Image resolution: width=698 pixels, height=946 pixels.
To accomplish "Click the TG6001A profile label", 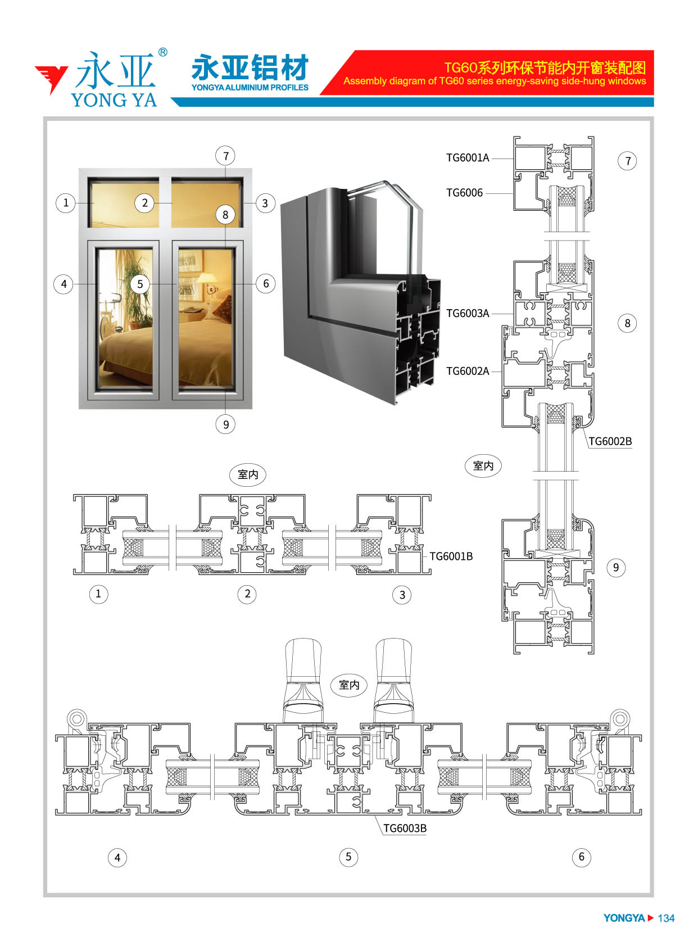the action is click(467, 158).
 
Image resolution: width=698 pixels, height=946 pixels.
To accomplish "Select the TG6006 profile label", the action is click(464, 193).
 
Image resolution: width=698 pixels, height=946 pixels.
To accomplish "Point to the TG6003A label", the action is click(467, 313).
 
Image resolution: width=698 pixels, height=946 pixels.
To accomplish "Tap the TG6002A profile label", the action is click(467, 371).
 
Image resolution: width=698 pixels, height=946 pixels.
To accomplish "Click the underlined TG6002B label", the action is click(610, 441).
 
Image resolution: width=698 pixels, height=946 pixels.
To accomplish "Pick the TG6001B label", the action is click(451, 556).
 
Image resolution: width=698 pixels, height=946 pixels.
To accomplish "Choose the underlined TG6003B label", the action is click(404, 829).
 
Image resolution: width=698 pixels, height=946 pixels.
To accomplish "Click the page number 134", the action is click(665, 918).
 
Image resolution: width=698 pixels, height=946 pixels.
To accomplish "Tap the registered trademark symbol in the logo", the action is click(162, 52).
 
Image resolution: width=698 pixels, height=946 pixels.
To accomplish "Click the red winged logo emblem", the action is click(51, 79).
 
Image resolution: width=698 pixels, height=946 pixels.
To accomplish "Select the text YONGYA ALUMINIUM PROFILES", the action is click(250, 88).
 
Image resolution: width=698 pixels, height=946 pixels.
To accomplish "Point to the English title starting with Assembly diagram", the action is click(494, 81).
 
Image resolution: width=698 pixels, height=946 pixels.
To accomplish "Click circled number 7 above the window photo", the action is click(225, 156).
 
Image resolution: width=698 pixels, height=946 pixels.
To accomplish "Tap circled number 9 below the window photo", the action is click(225, 424).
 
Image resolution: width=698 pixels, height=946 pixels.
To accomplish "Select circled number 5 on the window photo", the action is click(140, 284).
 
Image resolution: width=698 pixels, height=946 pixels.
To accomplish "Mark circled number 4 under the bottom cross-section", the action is click(117, 858).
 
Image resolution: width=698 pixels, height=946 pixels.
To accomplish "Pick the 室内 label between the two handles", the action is click(349, 685).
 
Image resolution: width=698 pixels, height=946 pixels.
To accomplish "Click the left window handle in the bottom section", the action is click(303, 680).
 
